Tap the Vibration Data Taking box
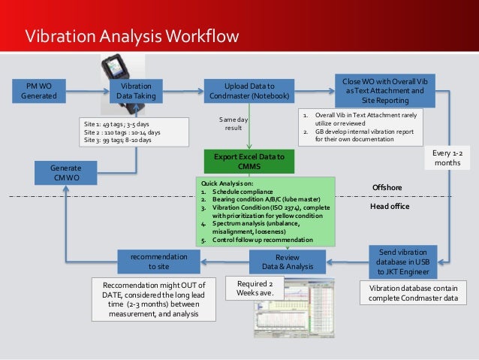tap(136, 92)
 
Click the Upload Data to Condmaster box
tap(249, 91)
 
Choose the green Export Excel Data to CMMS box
tap(249, 162)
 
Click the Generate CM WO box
tap(66, 173)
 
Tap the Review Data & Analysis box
tap(287, 262)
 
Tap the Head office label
tap(390, 206)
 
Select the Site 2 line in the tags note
tap(122, 132)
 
